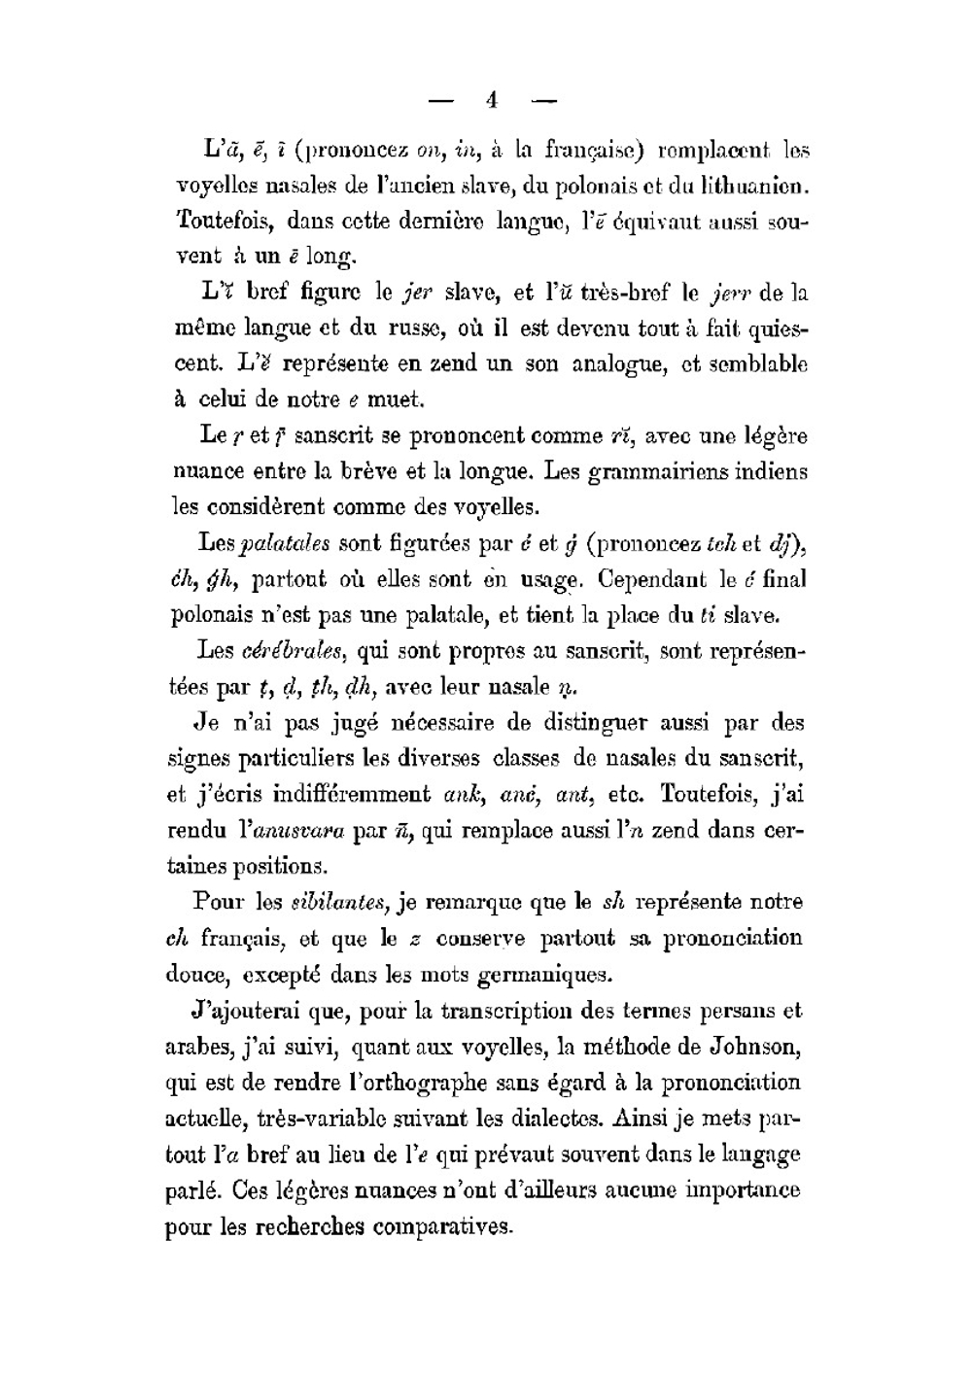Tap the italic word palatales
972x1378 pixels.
pos(285,543)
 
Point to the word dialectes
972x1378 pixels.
pos(558,1118)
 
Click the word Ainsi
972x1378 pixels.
pos(645,1118)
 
